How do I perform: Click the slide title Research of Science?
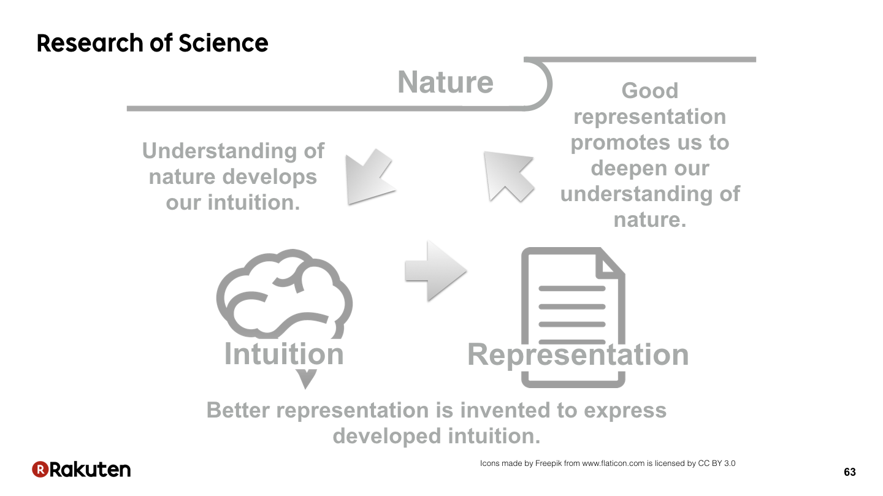pyautogui.click(x=152, y=43)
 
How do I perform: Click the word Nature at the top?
pyautogui.click(x=445, y=82)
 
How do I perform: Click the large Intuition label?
pyautogui.click(x=284, y=354)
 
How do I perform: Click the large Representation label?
pyautogui.click(x=578, y=355)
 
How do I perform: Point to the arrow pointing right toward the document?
pyautogui.click(x=436, y=271)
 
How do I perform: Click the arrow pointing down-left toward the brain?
pyautogui.click(x=370, y=177)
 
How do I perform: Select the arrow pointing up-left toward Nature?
pyautogui.click(x=509, y=176)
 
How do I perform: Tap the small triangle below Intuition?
pyautogui.click(x=306, y=378)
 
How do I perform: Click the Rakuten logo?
pyautogui.click(x=81, y=469)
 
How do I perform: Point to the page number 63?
pyautogui.click(x=849, y=472)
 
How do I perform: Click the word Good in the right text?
pyautogui.click(x=650, y=91)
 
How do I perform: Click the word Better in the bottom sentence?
pyautogui.click(x=238, y=410)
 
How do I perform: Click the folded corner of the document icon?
pyautogui.click(x=609, y=264)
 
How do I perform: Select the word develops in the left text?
pyautogui.click(x=270, y=177)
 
